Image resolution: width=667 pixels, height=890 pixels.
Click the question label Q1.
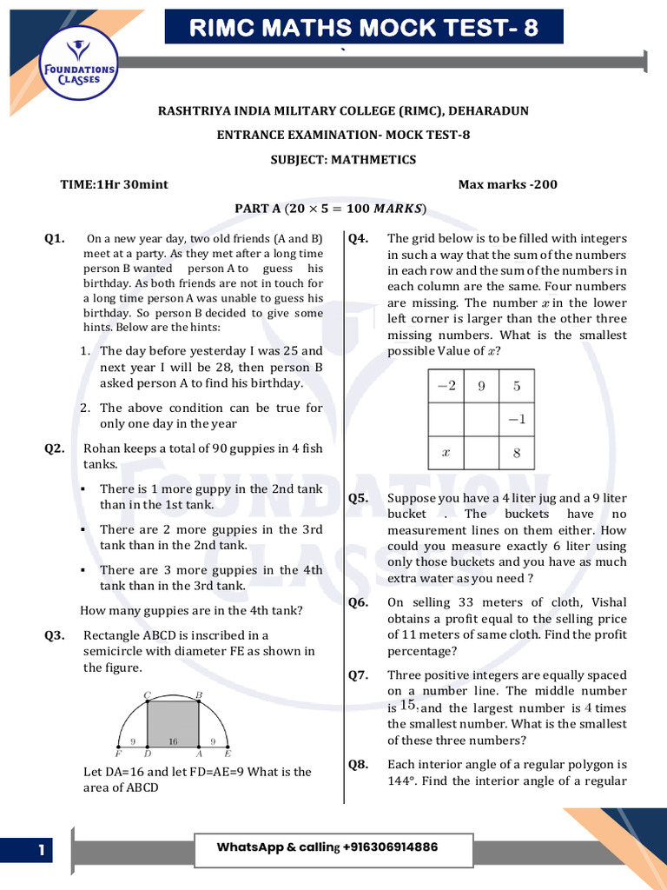tap(55, 238)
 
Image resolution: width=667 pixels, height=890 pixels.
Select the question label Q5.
tap(359, 498)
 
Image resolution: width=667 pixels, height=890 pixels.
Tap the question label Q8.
tap(359, 764)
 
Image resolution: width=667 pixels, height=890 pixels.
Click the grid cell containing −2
tap(446, 386)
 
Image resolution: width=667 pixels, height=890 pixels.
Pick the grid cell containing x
tap(446, 453)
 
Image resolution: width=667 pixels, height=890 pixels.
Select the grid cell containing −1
tap(517, 419)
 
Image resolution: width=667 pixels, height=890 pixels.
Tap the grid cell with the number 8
tap(517, 453)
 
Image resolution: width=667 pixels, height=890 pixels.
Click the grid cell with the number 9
tap(481, 386)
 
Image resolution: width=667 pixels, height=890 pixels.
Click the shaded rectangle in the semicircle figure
tap(174, 724)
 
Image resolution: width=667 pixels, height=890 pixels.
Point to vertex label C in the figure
tap(147, 694)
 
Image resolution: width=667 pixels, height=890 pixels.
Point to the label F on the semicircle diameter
tap(118, 754)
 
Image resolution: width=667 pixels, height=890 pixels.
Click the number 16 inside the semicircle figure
tap(174, 742)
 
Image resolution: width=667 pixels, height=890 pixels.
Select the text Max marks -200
tap(507, 184)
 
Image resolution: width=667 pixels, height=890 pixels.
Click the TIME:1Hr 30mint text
tap(114, 184)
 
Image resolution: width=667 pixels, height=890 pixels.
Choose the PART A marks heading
tap(331, 209)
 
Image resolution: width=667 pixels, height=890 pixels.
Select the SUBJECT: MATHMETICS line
tap(343, 160)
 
